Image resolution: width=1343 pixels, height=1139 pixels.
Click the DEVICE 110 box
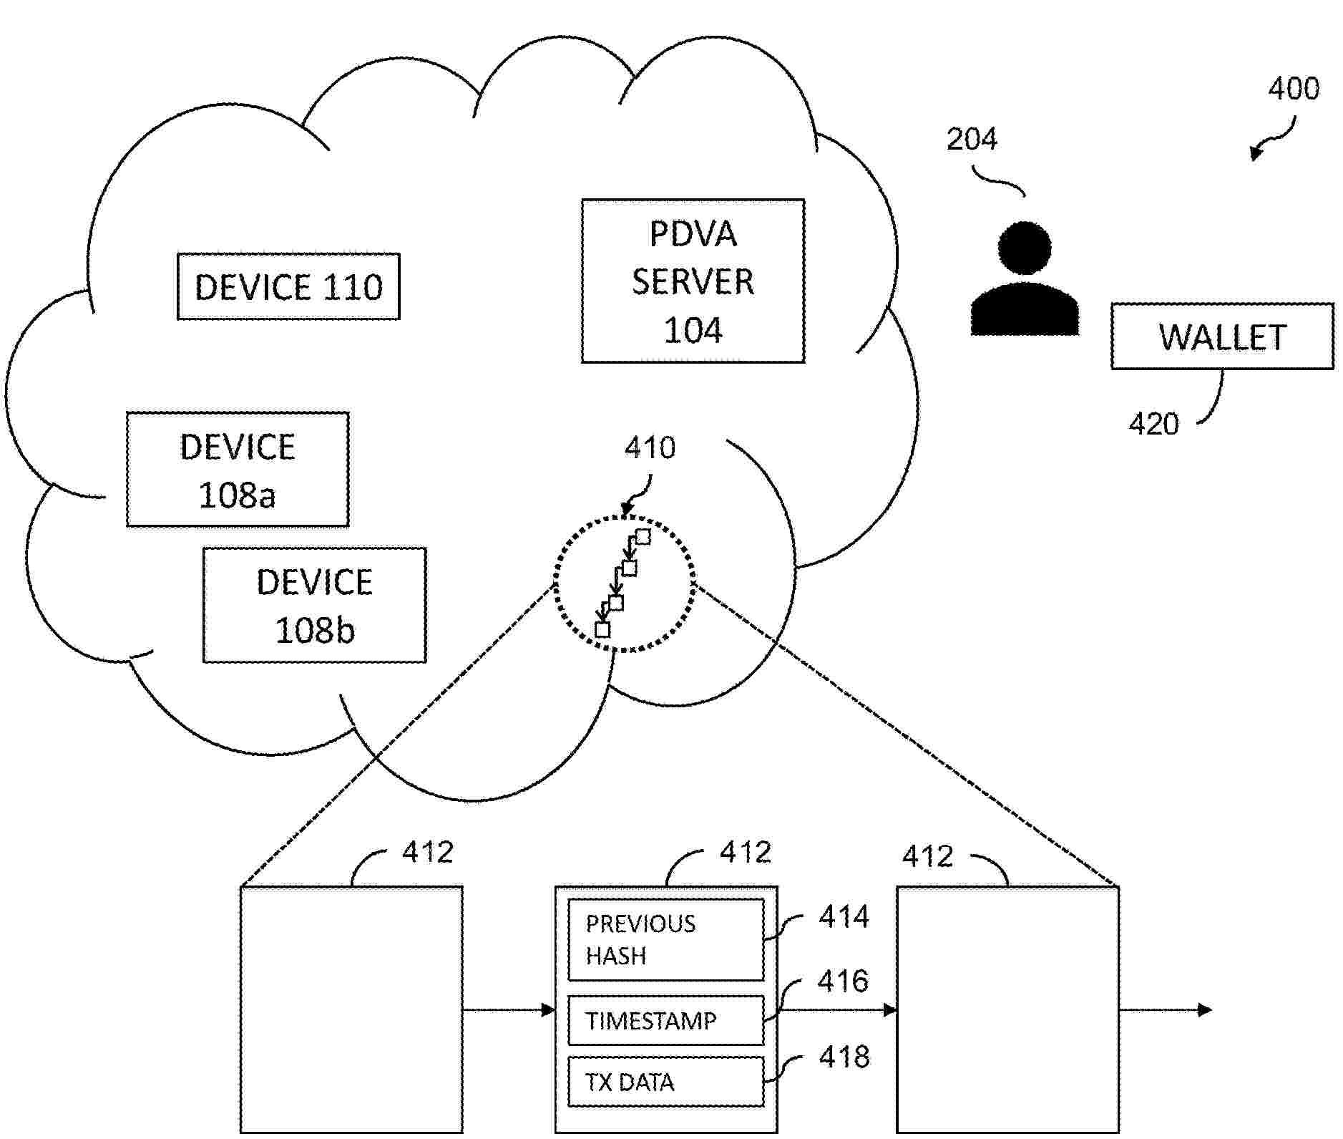(288, 286)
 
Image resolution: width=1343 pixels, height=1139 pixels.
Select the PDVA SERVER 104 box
(693, 281)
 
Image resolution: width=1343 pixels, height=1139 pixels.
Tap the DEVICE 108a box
(238, 470)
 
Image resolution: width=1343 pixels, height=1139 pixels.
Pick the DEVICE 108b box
(314, 606)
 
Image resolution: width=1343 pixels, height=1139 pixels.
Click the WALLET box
(1222, 336)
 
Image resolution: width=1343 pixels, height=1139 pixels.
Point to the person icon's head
(1025, 247)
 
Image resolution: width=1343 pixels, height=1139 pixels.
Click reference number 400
(1294, 89)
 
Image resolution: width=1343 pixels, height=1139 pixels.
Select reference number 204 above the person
(972, 139)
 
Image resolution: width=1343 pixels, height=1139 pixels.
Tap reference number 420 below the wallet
(1153, 424)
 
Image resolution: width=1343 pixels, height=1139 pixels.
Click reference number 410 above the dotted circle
(650, 448)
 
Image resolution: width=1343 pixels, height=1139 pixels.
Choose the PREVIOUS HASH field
(665, 940)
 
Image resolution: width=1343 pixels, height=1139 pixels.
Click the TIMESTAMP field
(665, 1020)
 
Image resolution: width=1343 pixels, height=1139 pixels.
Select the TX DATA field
(665, 1082)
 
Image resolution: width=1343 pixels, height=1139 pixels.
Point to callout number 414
(844, 917)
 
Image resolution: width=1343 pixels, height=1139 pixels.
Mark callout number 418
(844, 1057)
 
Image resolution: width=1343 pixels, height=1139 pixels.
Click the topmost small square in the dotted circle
(643, 537)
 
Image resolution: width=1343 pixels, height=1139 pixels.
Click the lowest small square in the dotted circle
(603, 630)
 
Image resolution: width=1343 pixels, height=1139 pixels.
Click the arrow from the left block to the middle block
(509, 1010)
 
